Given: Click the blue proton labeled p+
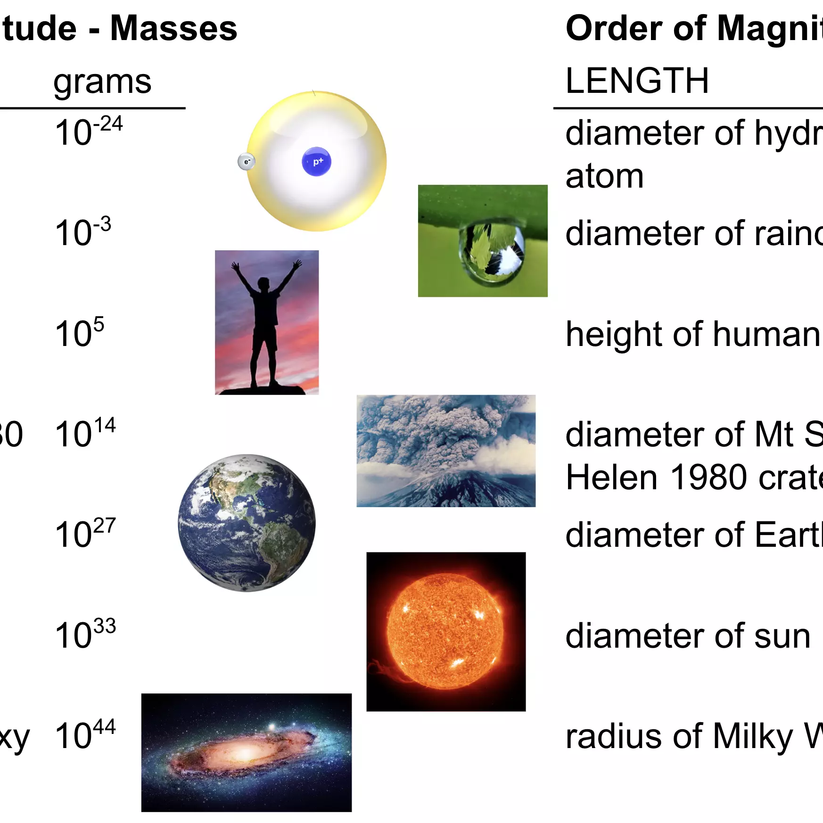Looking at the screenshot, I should coord(316,162).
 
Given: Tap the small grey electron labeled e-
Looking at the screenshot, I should coord(246,162).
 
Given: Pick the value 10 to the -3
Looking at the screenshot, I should coord(83,232).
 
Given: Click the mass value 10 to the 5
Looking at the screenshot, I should coord(79,332).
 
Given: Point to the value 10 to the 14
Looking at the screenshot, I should coord(85,433).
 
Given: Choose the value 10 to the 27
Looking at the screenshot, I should coord(85,533).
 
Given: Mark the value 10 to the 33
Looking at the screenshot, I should coord(85,634).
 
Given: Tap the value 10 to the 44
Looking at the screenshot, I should coord(85,734).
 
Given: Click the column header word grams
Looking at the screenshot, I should coord(102,82).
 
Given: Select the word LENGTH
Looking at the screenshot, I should coord(637,81).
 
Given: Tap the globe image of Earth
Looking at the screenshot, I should coord(247,523).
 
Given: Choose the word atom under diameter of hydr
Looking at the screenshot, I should coord(604,176).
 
